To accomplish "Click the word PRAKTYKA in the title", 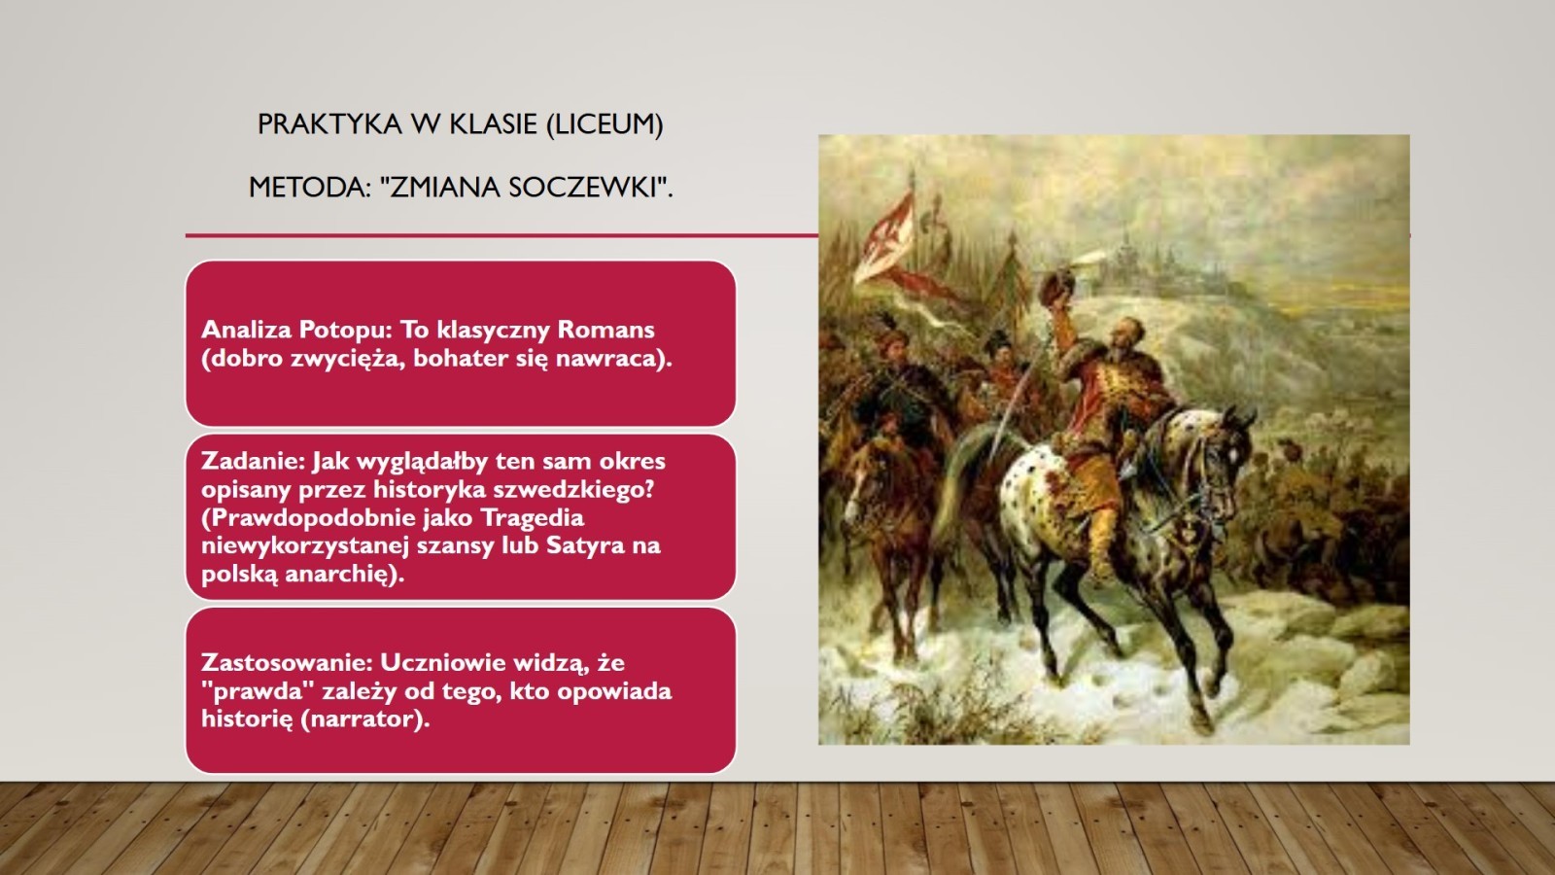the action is (329, 124).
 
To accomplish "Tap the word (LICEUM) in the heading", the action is (605, 125).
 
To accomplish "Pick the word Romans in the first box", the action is (605, 330).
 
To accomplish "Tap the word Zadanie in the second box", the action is (253, 461).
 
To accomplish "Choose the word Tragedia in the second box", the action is (532, 519).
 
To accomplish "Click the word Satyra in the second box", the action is (585, 545).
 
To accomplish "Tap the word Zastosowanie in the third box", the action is (288, 662).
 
